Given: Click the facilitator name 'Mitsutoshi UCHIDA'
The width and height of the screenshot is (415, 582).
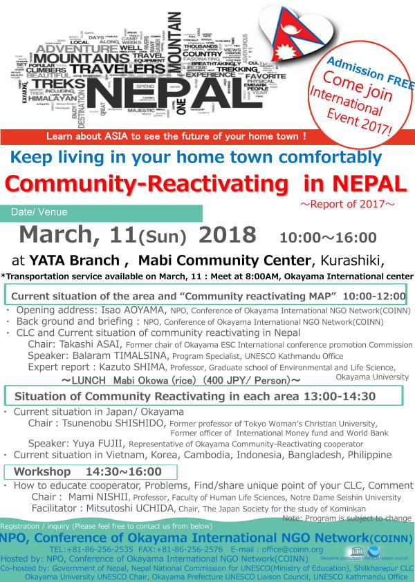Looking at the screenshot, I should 136,508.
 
